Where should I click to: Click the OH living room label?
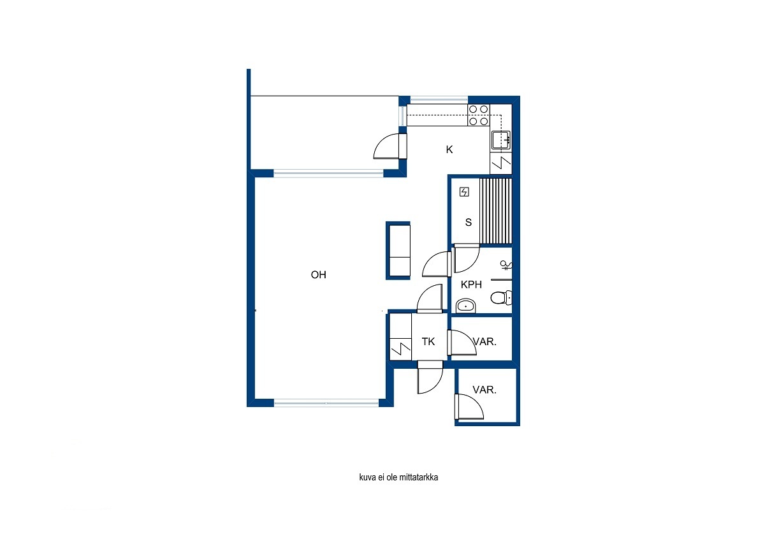[318, 274]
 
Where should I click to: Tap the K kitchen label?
[449, 149]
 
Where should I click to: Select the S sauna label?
[468, 222]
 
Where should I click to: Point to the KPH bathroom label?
[471, 285]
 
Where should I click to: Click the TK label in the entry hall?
[428, 341]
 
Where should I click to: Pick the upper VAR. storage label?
[484, 341]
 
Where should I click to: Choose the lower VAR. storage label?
[484, 390]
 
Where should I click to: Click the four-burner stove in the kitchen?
[479, 115]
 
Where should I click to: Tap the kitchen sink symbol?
[501, 140]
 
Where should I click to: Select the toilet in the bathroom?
[501, 298]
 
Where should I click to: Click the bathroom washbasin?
[466, 305]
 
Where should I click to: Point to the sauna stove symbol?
[464, 192]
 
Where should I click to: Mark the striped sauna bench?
[495, 211]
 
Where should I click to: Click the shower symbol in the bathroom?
[506, 265]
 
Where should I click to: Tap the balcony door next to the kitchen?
[390, 146]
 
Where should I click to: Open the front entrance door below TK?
[430, 378]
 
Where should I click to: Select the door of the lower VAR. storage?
[469, 406]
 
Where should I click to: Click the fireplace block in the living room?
[398, 251]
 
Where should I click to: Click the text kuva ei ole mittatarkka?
[398, 477]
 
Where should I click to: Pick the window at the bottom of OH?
[326, 403]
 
